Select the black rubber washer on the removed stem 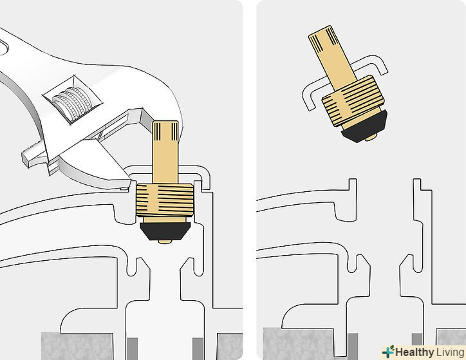364,126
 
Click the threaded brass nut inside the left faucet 165,200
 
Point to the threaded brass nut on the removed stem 353,101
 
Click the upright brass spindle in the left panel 165,151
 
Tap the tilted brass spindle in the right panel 332,58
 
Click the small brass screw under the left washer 165,242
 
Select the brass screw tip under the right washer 371,138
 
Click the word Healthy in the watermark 415,352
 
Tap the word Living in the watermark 450,353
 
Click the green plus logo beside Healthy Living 388,352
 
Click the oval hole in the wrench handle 3,48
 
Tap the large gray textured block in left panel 77,346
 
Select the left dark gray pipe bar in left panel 132,348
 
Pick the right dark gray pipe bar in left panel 198,348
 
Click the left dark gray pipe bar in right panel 353,346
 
